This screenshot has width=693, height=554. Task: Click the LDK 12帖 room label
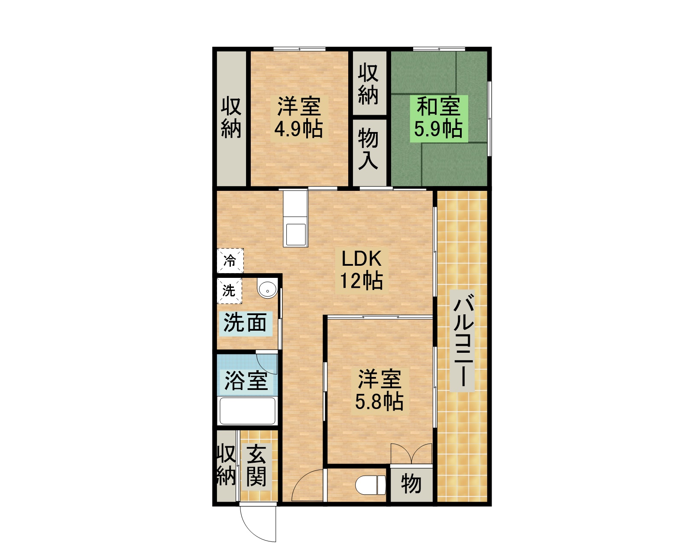pos(361,270)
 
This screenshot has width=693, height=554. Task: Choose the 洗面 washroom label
pos(245,322)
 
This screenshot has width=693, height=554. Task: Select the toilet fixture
pos(371,485)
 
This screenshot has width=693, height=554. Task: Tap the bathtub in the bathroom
pos(247,411)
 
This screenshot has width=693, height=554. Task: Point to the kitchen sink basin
pos(295,235)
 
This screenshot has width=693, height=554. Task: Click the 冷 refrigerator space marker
pos(230,261)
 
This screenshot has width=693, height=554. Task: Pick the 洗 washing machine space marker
pos(229,291)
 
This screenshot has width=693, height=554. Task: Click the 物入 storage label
pos(368,149)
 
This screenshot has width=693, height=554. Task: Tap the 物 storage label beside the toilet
pos(411,484)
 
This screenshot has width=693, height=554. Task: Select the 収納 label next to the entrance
pos(227,465)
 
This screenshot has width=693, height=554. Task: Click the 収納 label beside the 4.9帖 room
pos(231,118)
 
